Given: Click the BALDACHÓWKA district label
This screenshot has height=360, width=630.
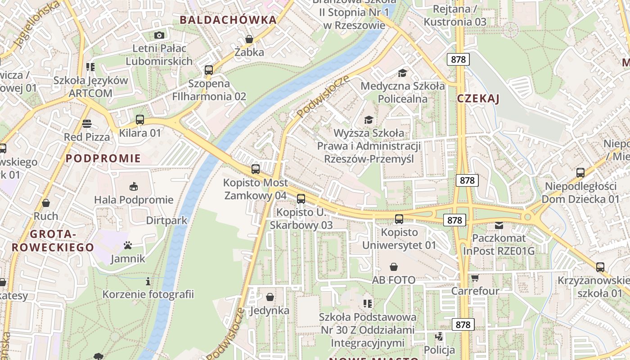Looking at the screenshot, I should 228,20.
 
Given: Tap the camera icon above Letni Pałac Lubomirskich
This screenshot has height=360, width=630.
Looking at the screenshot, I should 159,35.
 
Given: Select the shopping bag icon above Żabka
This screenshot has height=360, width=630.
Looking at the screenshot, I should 249,39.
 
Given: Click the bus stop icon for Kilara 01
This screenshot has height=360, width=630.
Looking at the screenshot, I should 140,120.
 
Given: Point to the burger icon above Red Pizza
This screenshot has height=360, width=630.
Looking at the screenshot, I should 86,124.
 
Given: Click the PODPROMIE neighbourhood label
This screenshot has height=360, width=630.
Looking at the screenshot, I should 103,158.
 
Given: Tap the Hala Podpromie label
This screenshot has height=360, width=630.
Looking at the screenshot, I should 134,200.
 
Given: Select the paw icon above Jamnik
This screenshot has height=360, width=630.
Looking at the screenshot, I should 128,246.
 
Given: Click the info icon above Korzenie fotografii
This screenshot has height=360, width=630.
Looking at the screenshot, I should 148,282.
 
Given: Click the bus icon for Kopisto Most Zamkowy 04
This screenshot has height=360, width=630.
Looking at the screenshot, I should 256,169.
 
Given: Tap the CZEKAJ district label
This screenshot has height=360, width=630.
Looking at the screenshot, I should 478,99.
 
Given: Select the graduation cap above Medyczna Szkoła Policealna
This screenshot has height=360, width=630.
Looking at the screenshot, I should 402,73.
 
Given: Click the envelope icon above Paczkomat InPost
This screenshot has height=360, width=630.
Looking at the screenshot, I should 499,225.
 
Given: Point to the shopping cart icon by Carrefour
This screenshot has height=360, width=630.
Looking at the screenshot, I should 475,278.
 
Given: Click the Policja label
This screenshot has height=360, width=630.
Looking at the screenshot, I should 439,350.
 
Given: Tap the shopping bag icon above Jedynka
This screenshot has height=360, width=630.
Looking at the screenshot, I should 270,297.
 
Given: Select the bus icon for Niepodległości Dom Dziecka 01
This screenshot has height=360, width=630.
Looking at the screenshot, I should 580,173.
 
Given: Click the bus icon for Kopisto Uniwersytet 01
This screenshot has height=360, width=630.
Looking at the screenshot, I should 399,219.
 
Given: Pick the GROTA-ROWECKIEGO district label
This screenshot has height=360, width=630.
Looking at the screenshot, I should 53,241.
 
